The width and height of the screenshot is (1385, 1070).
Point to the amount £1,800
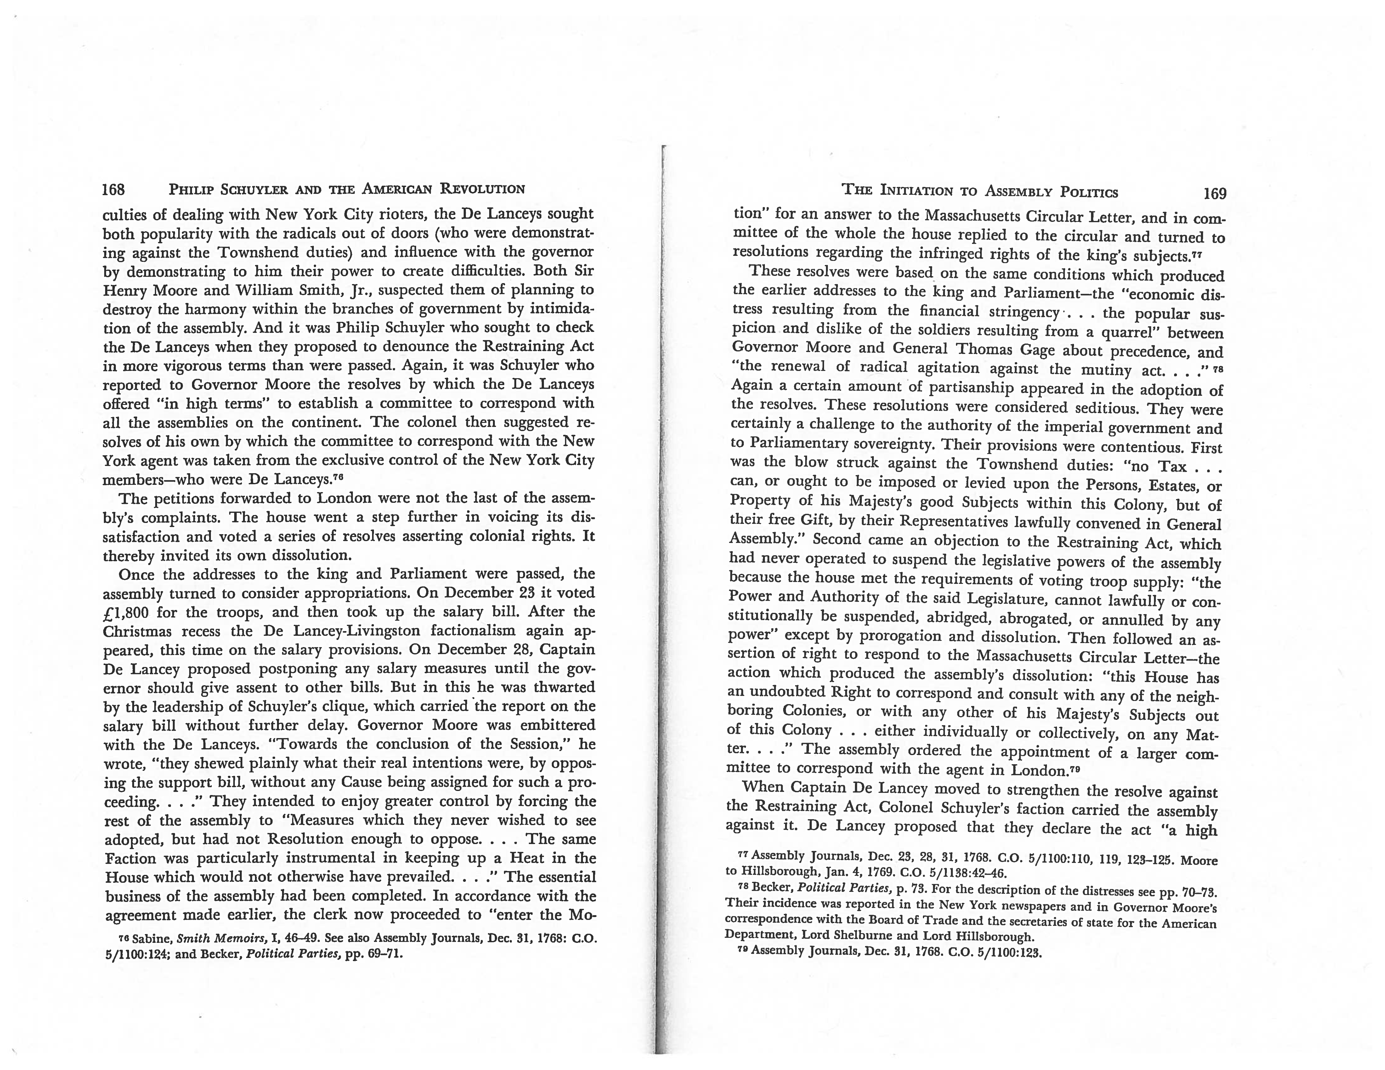coord(125,612)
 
